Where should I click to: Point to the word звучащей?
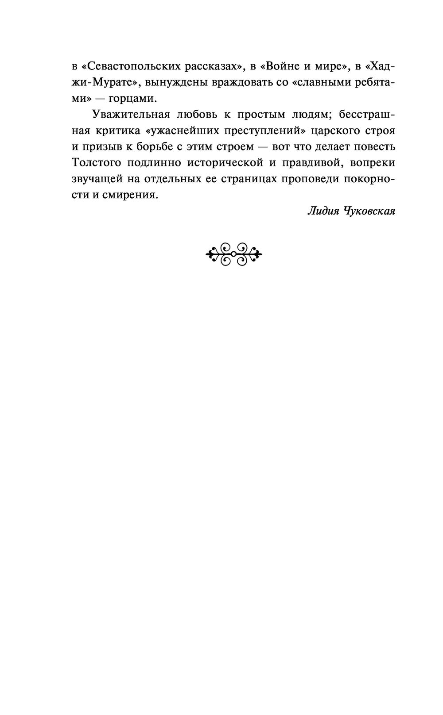pos(96,178)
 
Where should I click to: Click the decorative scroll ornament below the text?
pos(233,254)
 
